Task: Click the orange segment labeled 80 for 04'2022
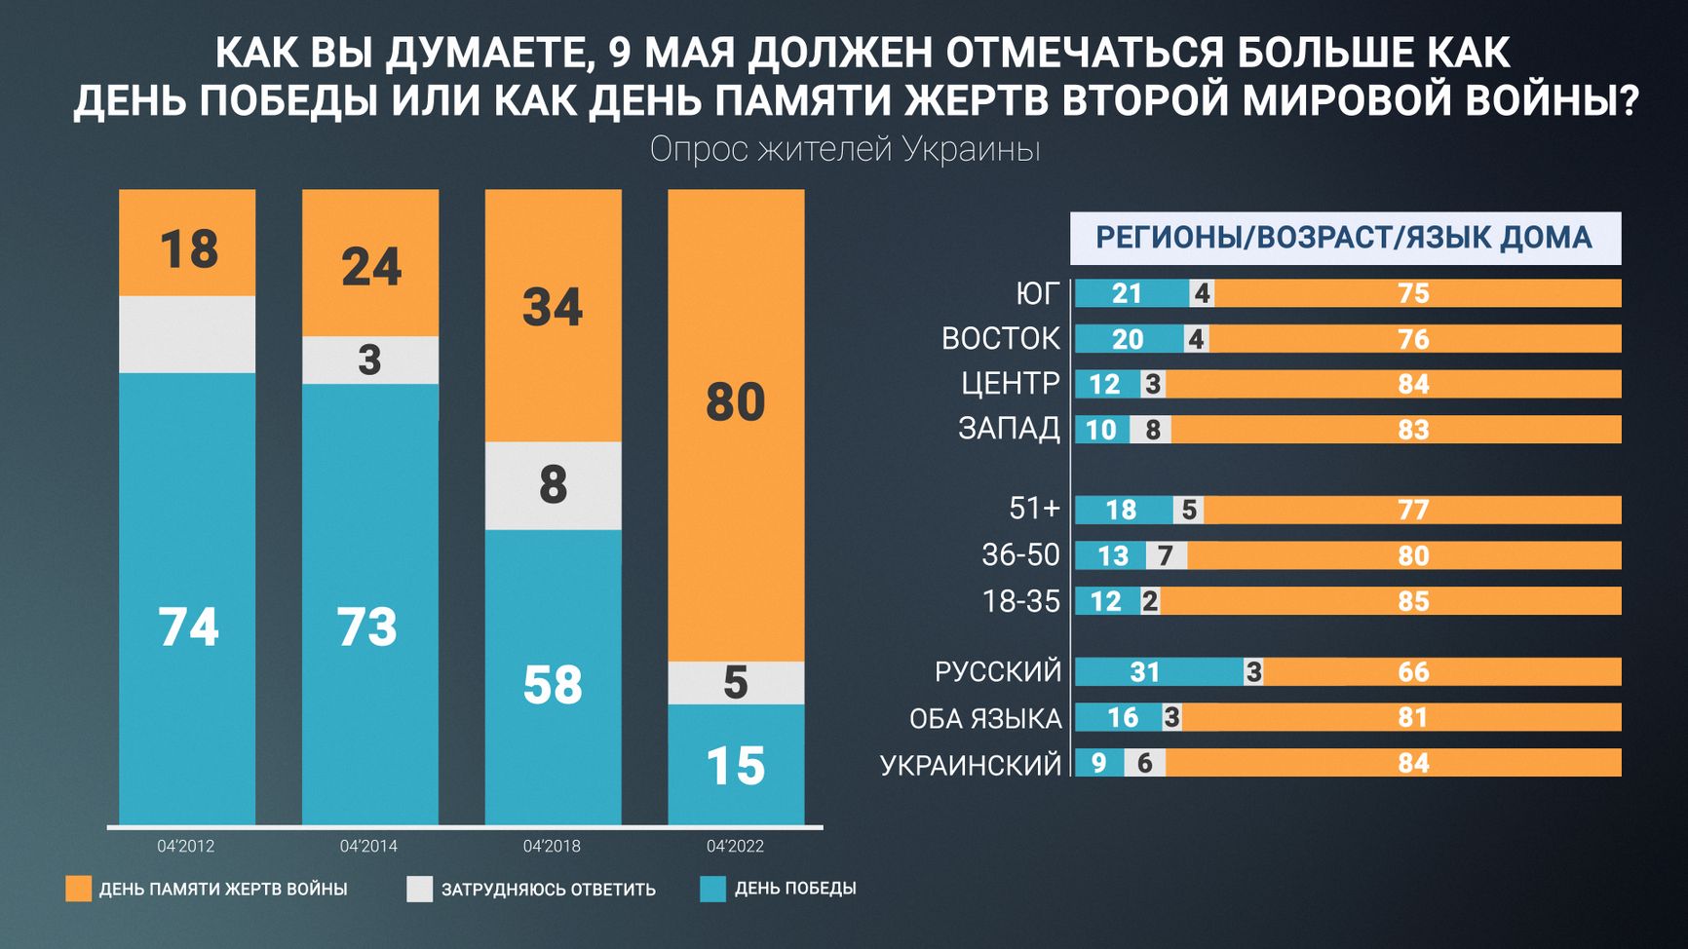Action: tap(736, 425)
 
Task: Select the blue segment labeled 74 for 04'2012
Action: tap(187, 598)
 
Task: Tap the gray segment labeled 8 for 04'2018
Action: tap(553, 485)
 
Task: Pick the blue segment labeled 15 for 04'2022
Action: tap(736, 764)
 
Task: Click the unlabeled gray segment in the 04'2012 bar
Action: tap(187, 334)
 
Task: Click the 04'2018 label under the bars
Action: tap(552, 846)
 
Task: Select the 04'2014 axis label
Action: tap(368, 846)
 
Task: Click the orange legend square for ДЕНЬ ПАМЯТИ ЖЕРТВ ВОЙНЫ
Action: tap(78, 889)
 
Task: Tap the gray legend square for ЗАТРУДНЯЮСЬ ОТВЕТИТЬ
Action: tap(419, 889)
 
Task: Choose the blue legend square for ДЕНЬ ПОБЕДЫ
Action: tap(713, 889)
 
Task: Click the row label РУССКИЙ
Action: tap(997, 671)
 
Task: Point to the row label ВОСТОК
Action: tap(1000, 338)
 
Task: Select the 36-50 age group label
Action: tap(1020, 554)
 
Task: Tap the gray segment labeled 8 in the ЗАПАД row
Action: tap(1151, 430)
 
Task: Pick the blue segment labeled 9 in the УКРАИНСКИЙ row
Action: tap(1099, 763)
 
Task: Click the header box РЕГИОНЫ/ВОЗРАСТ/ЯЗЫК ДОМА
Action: tap(1345, 238)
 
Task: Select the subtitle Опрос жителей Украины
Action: tap(845, 149)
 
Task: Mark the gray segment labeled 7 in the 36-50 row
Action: tap(1166, 555)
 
